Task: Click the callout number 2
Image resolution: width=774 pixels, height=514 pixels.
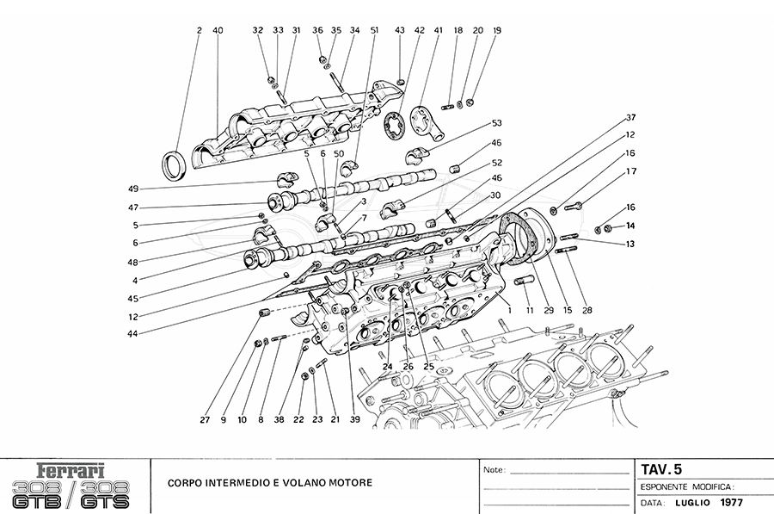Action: pyautogui.click(x=199, y=31)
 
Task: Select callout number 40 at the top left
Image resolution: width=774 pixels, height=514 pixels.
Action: pyautogui.click(x=218, y=31)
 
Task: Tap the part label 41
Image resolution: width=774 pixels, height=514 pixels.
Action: pyautogui.click(x=438, y=31)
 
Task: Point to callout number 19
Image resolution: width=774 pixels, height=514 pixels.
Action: pyautogui.click(x=497, y=31)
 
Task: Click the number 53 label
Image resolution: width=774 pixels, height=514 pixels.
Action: pyautogui.click(x=497, y=124)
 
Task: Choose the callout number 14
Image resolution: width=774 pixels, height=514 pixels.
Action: pyautogui.click(x=630, y=226)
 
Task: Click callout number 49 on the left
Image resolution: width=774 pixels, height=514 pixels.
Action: pyautogui.click(x=133, y=189)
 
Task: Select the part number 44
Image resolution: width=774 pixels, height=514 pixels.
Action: pyautogui.click(x=133, y=333)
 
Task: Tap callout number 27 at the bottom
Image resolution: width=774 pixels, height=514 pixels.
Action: pyautogui.click(x=205, y=420)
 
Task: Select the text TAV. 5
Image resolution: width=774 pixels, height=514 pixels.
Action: pyautogui.click(x=661, y=470)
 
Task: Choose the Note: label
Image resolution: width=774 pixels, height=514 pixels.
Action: pyautogui.click(x=494, y=471)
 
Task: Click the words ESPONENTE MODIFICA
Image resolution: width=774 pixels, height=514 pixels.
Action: pyautogui.click(x=685, y=486)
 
